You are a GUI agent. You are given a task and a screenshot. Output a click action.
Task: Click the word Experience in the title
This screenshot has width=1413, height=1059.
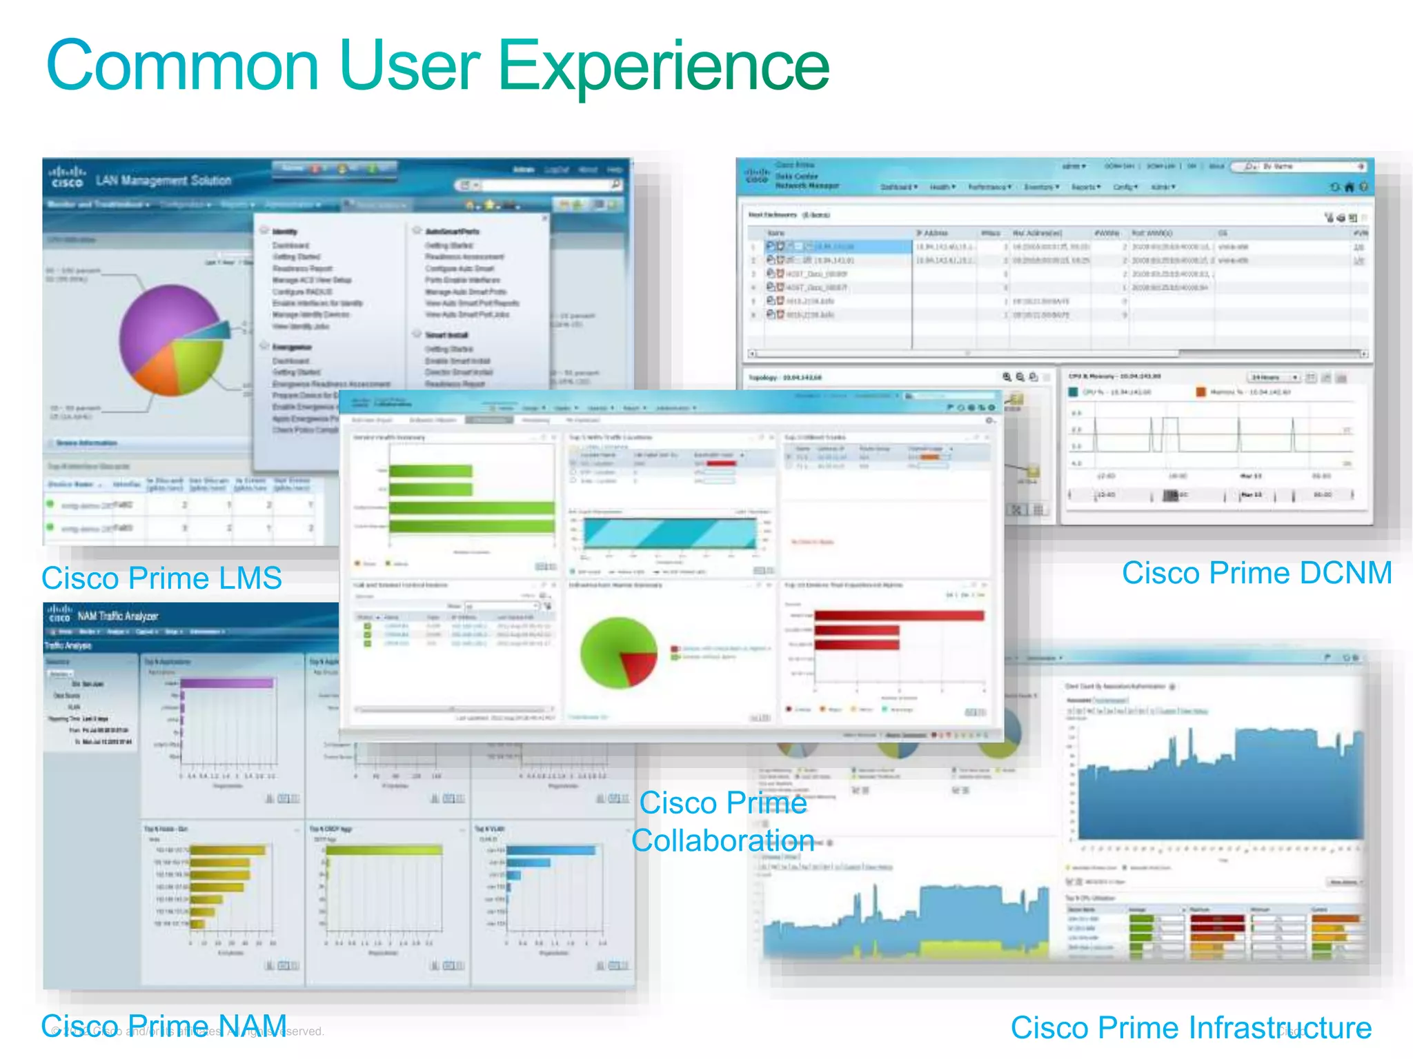pyautogui.click(x=662, y=67)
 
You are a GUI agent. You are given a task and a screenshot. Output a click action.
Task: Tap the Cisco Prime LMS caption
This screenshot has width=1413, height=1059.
pyautogui.click(x=161, y=578)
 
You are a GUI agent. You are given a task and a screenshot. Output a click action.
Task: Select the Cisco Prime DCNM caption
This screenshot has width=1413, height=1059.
pyautogui.click(x=1256, y=573)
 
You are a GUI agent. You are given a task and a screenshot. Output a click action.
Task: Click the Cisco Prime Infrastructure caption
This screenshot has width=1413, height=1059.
pyautogui.click(x=1191, y=1027)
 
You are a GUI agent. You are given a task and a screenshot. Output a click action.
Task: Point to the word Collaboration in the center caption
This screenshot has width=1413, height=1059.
pyautogui.click(x=722, y=840)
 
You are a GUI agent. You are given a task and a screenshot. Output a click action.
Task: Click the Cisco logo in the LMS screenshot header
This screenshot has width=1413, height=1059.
pyautogui.click(x=67, y=177)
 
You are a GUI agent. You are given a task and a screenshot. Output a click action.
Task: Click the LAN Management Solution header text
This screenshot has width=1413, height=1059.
pyautogui.click(x=164, y=181)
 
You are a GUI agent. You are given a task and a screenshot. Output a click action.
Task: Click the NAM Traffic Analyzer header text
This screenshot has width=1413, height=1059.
pyautogui.click(x=117, y=616)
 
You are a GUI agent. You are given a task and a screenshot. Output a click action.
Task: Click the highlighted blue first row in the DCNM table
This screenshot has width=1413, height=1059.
pyautogui.click(x=838, y=246)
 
